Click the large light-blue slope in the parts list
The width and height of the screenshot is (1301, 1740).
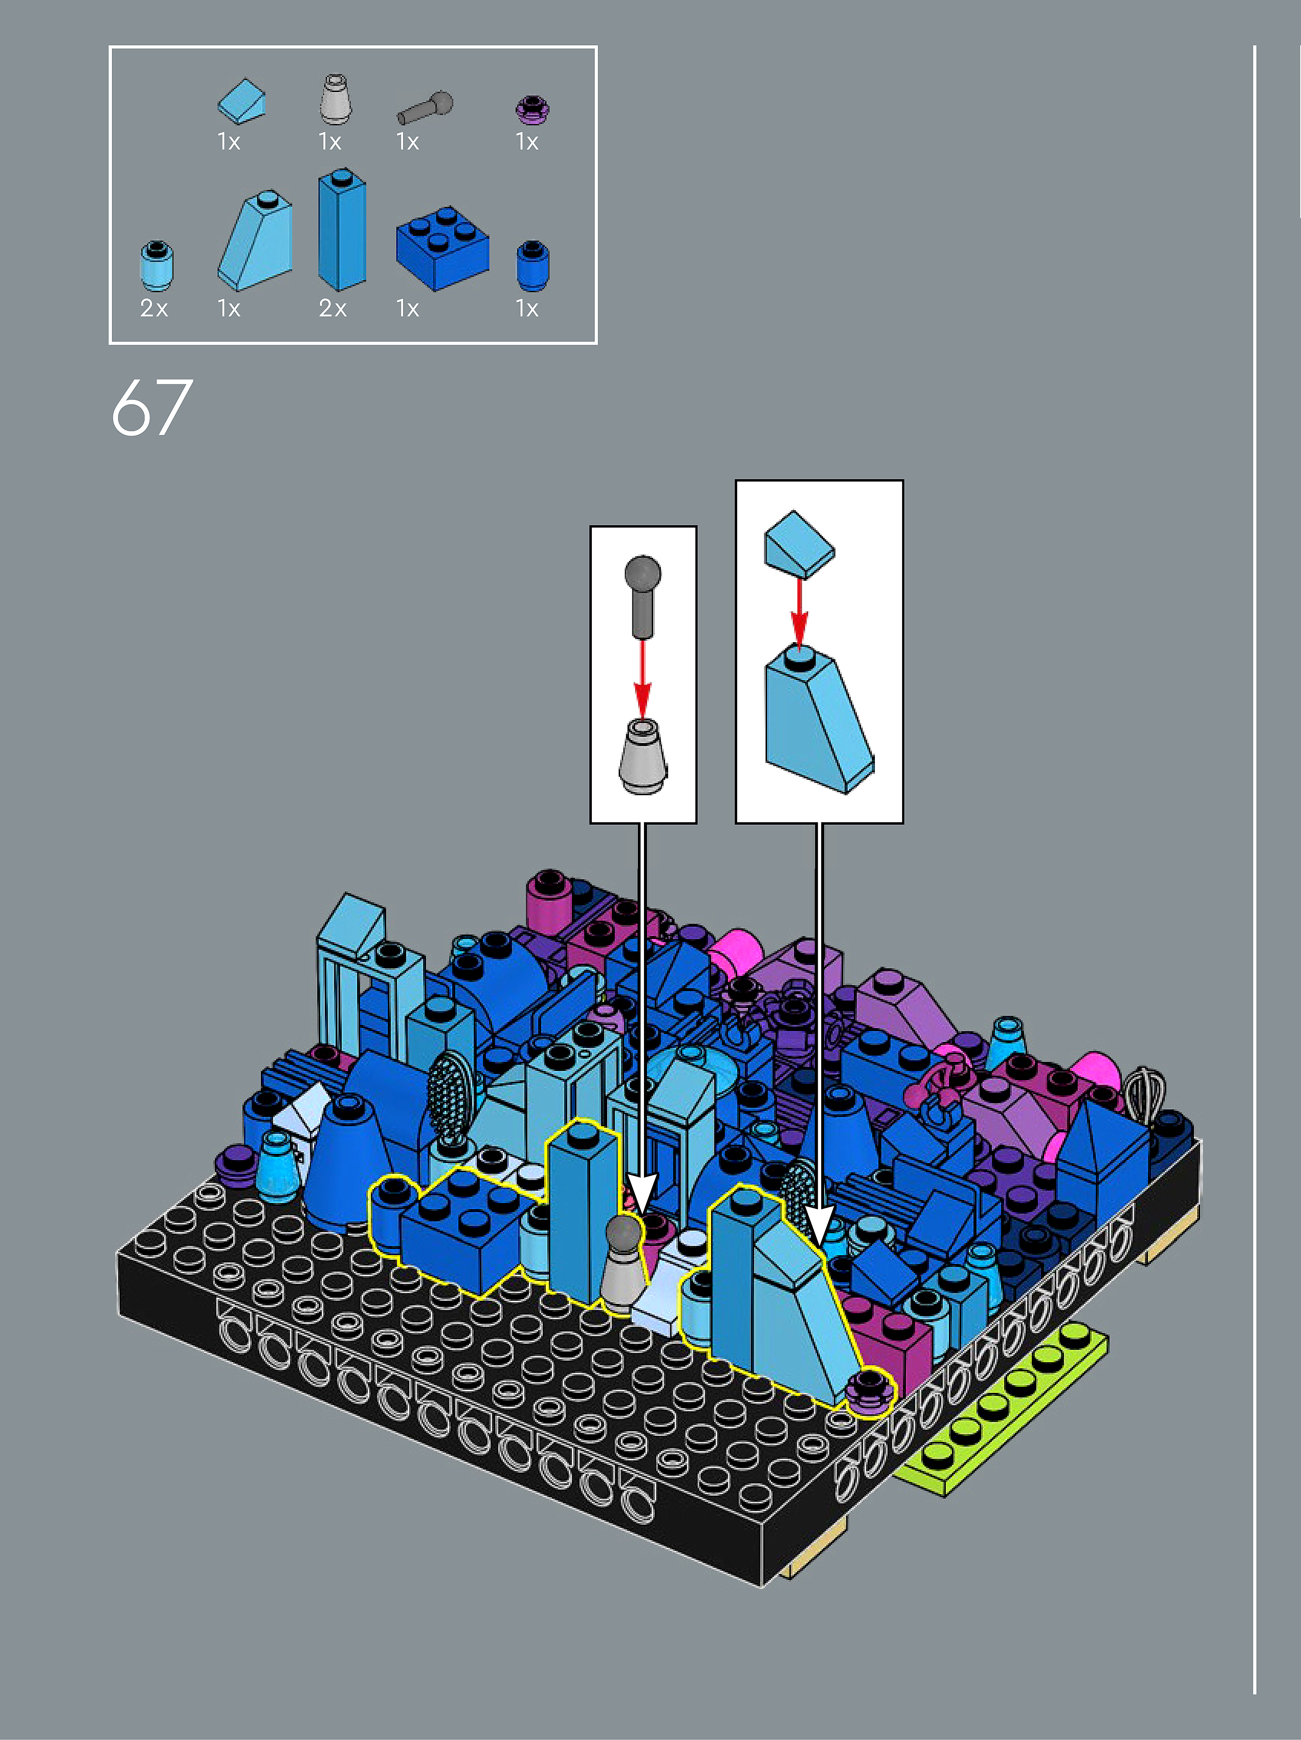pyautogui.click(x=255, y=240)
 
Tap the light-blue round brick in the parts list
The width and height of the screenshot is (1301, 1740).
pyautogui.click(x=156, y=266)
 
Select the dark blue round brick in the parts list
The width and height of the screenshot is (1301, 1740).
pyautogui.click(x=532, y=266)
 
